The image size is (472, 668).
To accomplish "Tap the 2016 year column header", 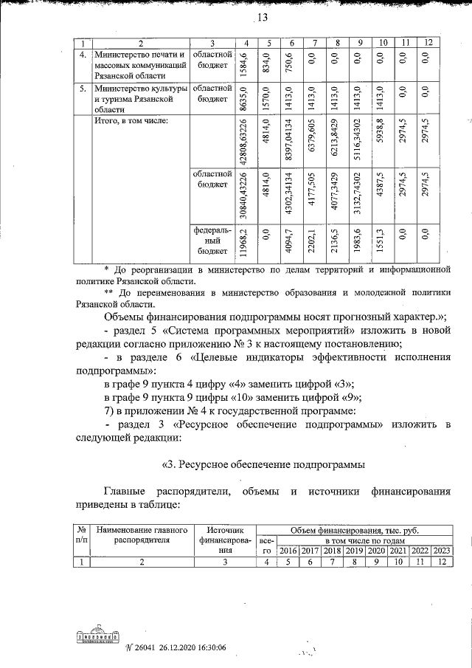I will (x=289, y=551).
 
